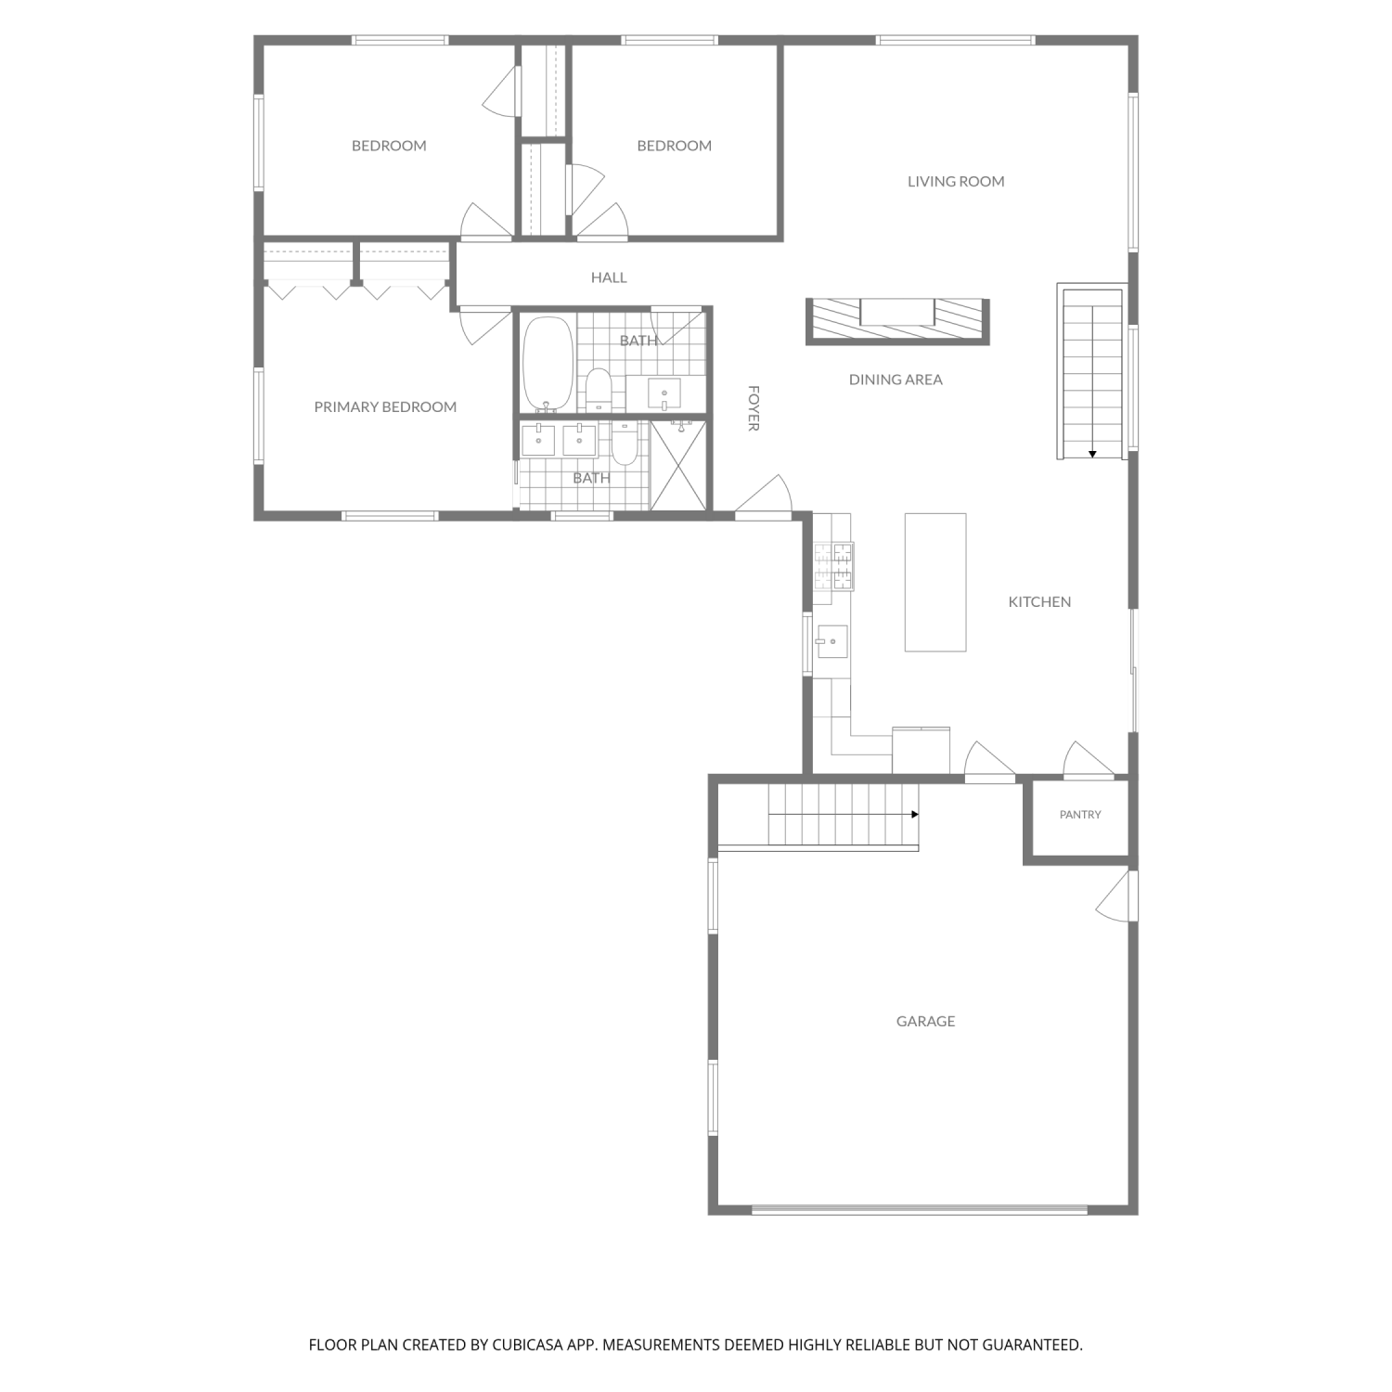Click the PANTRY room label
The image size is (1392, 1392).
coord(1080,815)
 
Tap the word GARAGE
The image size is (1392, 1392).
coord(925,1021)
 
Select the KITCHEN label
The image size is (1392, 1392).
coord(1039,601)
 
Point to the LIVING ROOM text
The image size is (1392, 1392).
coord(956,181)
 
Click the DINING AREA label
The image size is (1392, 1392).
coord(896,379)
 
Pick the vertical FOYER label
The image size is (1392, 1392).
coord(754,408)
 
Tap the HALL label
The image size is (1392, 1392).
coord(609,277)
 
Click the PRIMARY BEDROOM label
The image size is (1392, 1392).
coord(385,406)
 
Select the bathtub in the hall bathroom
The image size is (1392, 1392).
coord(548,363)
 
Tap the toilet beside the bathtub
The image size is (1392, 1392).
coord(599,389)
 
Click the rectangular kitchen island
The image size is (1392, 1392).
coord(935,582)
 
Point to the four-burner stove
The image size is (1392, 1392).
coord(833,566)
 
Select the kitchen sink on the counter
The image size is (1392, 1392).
coord(831,641)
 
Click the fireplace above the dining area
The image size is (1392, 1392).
coord(897,322)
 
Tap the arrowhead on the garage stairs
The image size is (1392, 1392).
coord(915,815)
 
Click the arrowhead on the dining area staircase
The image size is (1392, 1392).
coord(1093,454)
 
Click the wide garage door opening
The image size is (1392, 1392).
coord(919,1209)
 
